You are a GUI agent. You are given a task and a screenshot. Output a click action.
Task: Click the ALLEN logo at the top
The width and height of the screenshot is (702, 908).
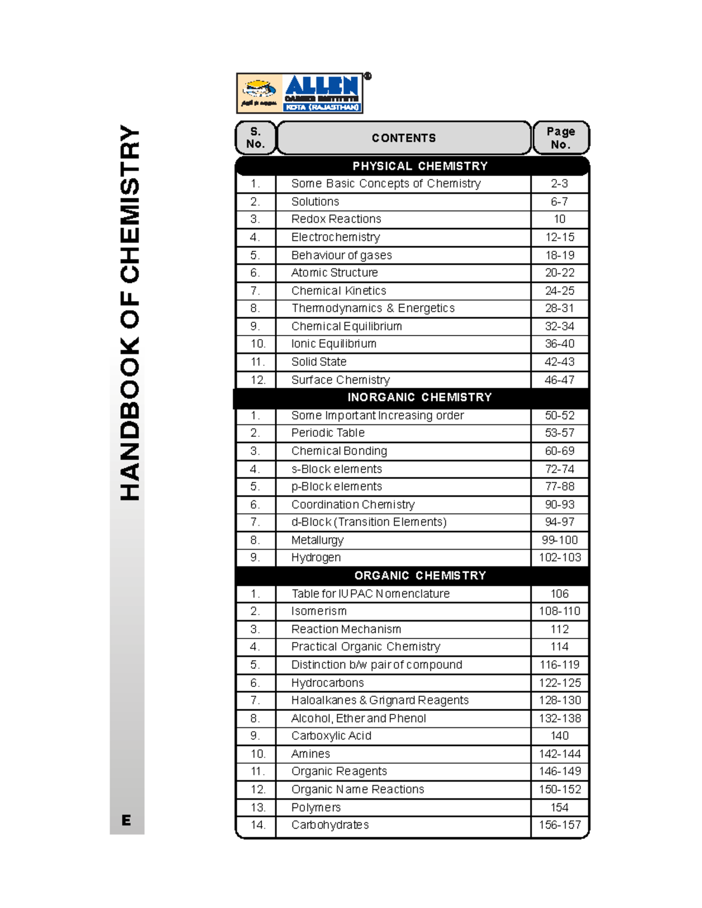300,93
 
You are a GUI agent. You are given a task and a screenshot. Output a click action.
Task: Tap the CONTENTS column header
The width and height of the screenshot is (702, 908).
404,138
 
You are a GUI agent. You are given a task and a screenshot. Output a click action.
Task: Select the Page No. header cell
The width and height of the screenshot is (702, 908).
560,138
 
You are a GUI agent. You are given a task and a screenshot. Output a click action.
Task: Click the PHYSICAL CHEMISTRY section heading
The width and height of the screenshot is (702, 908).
419,166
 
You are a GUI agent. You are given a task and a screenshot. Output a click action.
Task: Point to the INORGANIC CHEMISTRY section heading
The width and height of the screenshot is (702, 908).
419,398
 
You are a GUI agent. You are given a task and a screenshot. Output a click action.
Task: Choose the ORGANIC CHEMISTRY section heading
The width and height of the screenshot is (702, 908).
419,576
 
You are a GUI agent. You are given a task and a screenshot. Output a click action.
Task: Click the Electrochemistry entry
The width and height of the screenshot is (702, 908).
336,237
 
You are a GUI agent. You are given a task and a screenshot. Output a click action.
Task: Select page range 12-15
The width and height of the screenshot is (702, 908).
559,237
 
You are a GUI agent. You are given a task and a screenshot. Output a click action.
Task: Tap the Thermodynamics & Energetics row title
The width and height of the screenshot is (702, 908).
373,308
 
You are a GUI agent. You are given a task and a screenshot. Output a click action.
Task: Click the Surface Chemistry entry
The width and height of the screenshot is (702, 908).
340,380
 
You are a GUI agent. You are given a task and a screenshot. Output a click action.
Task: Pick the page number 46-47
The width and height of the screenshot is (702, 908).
559,380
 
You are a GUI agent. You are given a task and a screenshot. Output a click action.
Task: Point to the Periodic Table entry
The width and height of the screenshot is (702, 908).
328,433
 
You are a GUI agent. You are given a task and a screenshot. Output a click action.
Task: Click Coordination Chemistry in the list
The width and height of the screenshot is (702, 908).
353,505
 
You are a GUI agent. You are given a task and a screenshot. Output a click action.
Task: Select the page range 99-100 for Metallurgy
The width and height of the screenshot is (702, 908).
559,540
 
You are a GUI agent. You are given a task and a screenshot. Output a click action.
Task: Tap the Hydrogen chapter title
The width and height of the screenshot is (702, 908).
316,558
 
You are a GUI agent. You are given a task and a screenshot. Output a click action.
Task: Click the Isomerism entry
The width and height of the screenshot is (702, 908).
319,612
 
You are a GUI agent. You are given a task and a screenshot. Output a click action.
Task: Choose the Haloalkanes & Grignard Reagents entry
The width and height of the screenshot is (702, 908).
380,700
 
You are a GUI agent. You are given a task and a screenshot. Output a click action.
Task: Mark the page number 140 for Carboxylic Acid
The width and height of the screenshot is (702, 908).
559,736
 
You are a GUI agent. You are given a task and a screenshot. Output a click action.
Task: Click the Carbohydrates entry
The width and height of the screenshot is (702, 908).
330,825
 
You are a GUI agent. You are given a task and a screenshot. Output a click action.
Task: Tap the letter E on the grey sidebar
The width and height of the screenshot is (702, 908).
126,820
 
